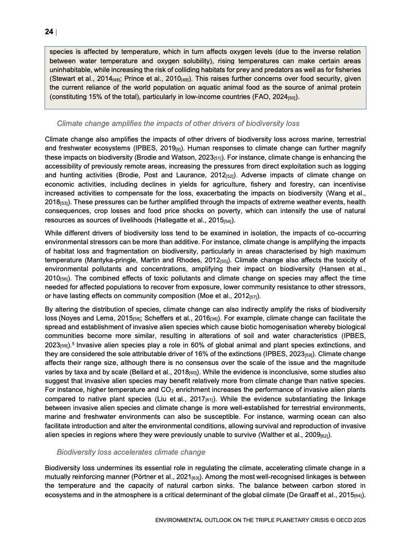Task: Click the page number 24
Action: [49, 32]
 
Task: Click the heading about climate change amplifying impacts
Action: [178, 124]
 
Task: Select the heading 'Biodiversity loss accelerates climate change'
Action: [131, 452]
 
